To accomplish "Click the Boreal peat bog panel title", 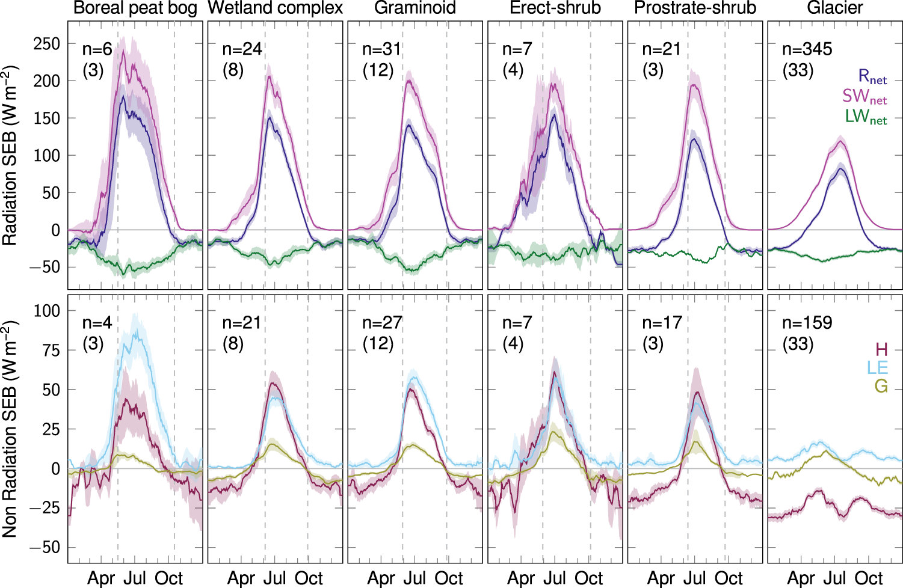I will point(135,8).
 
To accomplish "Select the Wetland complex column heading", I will point(275,8).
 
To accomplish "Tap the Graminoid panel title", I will point(415,8).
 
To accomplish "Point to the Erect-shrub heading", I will point(555,8).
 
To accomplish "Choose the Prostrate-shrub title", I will point(695,8).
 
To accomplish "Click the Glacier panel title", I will point(835,8).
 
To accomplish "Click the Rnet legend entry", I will point(872,76).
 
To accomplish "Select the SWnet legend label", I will point(864,96).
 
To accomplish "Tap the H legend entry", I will point(881,349).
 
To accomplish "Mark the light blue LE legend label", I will point(877,367).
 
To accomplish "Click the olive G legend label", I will point(881,386).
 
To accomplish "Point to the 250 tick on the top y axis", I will point(46,44).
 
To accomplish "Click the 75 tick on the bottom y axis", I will point(46,350).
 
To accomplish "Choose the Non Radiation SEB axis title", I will point(10,428).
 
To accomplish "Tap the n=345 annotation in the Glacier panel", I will point(807,49).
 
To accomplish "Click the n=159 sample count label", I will point(807,323).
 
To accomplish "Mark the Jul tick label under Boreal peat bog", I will point(135,578).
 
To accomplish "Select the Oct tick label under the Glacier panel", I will point(869,578).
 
